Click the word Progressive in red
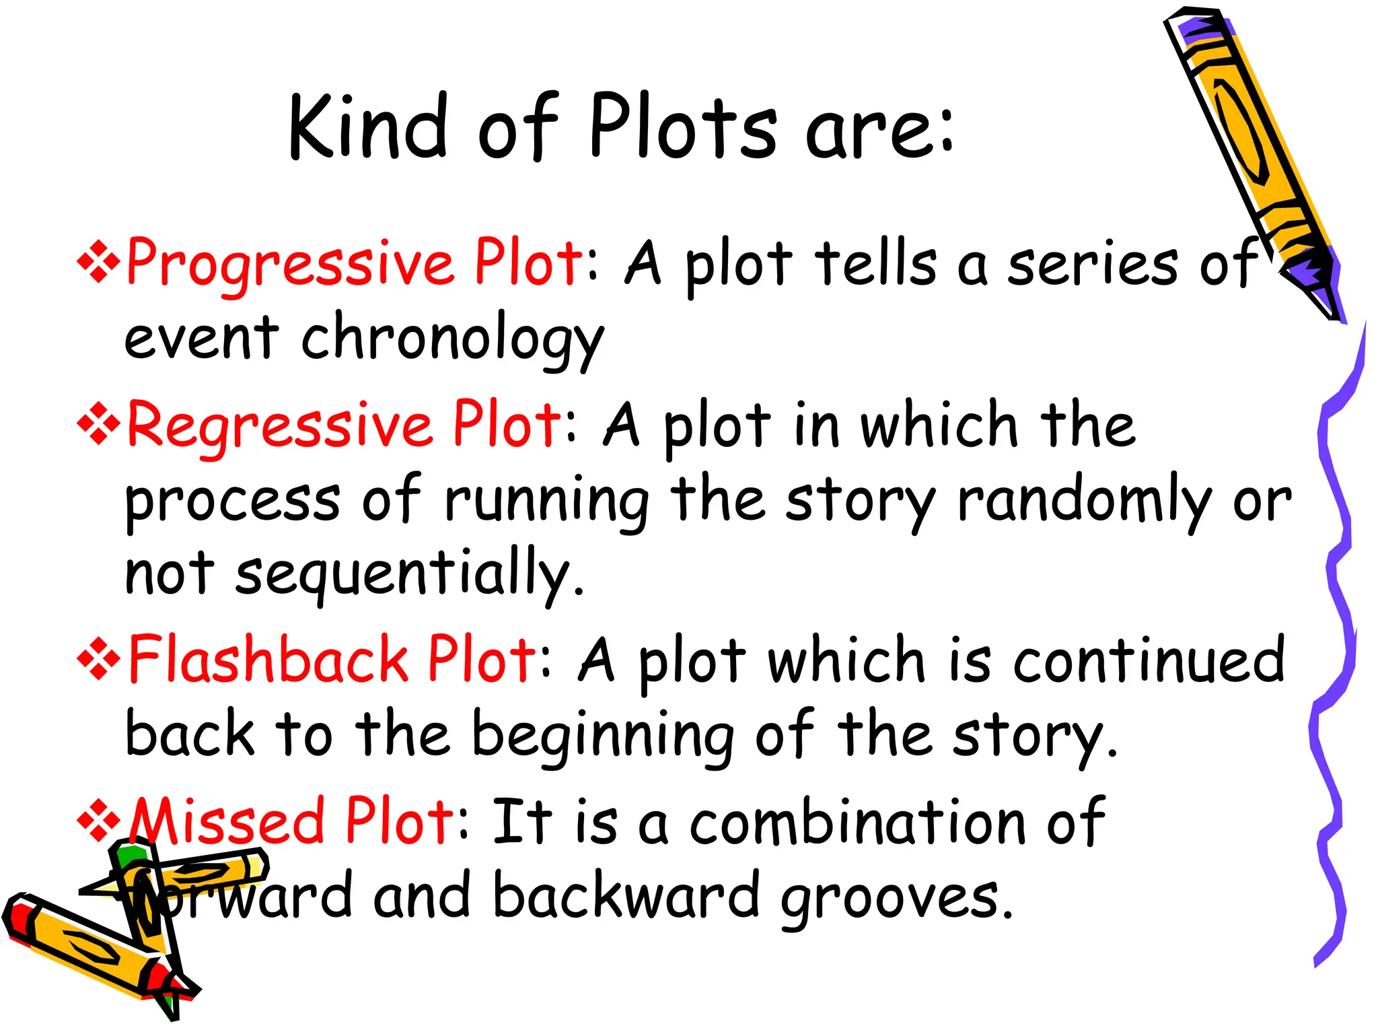pos(289,264)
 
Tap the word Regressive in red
pos(279,425)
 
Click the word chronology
pos(452,339)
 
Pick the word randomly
pos(1083,502)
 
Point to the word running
pos(546,502)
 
